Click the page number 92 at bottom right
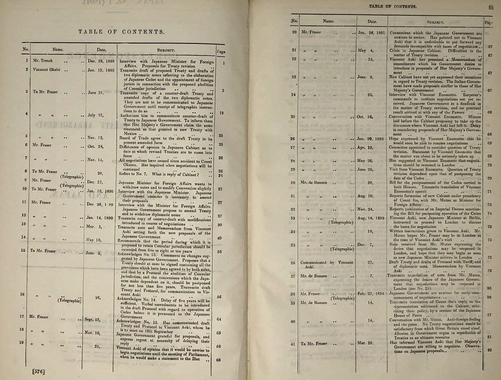pos(488,350)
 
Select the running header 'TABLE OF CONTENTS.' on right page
pos(396,6)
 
